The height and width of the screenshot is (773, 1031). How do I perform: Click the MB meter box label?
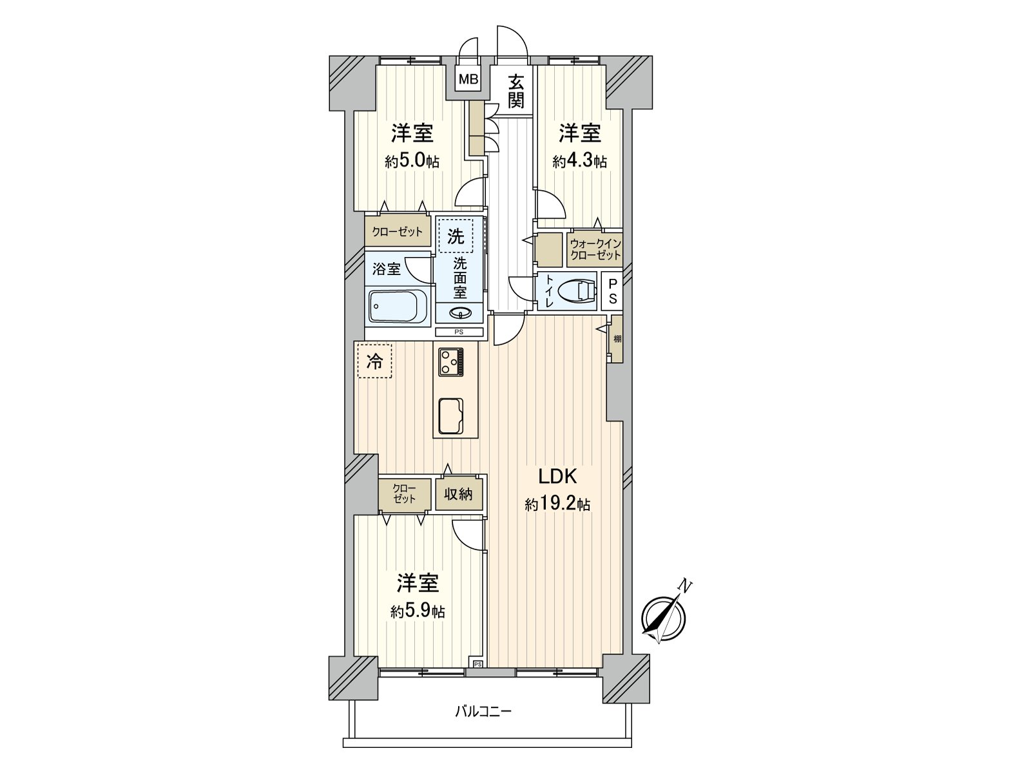[468, 80]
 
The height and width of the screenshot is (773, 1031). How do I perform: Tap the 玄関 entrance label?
[516, 91]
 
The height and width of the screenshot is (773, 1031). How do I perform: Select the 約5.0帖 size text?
[412, 161]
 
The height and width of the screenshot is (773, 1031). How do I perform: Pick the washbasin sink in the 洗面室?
[459, 313]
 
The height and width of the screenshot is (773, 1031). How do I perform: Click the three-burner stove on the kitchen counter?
[451, 361]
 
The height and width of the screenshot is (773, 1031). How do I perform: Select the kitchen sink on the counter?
[451, 416]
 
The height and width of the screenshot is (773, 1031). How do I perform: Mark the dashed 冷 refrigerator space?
[374, 361]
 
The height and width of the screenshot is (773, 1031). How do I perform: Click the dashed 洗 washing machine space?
[456, 236]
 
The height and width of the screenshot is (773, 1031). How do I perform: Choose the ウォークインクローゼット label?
[595, 249]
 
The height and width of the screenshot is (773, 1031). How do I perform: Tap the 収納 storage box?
[458, 494]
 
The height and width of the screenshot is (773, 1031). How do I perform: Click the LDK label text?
[557, 477]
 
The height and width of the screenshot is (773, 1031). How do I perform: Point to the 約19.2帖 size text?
[557, 504]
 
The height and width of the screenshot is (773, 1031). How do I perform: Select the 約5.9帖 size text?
[418, 611]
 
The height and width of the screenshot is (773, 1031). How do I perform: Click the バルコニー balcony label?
[483, 712]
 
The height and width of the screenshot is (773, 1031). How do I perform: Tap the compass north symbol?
[664, 617]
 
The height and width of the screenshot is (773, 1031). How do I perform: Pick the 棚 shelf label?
[617, 339]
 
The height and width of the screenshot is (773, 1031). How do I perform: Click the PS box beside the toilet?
[613, 291]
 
